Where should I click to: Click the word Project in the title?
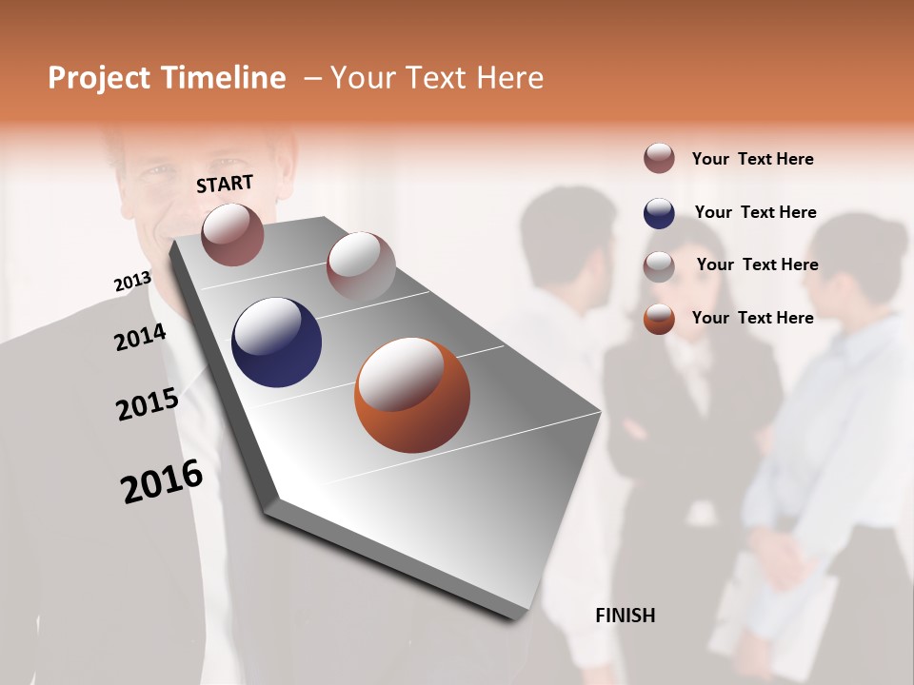(x=99, y=78)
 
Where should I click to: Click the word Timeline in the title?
(x=224, y=78)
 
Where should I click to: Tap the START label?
(x=225, y=184)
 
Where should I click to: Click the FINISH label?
(x=625, y=616)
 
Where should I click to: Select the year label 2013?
(x=132, y=282)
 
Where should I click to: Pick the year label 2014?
(x=140, y=338)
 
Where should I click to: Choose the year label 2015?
(x=148, y=404)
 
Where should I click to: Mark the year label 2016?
(x=162, y=481)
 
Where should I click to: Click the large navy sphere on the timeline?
(x=277, y=342)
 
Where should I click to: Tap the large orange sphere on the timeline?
(x=412, y=395)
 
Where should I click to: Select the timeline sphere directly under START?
(x=232, y=234)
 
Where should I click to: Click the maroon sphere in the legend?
(x=659, y=158)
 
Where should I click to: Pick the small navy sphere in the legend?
(x=659, y=213)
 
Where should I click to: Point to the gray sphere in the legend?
(x=659, y=266)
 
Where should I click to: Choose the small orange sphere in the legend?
(x=659, y=319)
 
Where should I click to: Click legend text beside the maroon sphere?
(x=752, y=159)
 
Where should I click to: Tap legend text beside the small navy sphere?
(x=755, y=212)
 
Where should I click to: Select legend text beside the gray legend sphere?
(x=757, y=264)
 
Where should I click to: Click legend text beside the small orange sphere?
(x=752, y=318)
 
